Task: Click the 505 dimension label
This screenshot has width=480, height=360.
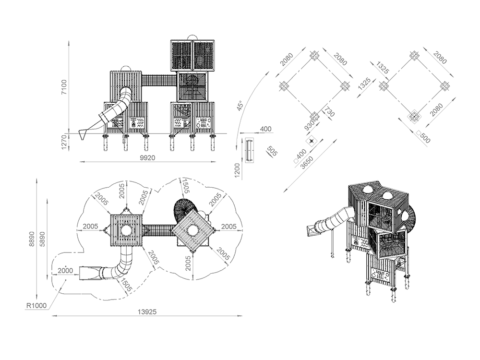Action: click(x=272, y=152)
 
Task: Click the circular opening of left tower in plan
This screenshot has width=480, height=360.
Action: click(x=127, y=230)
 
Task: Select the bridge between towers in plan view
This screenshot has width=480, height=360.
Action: click(x=159, y=230)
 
